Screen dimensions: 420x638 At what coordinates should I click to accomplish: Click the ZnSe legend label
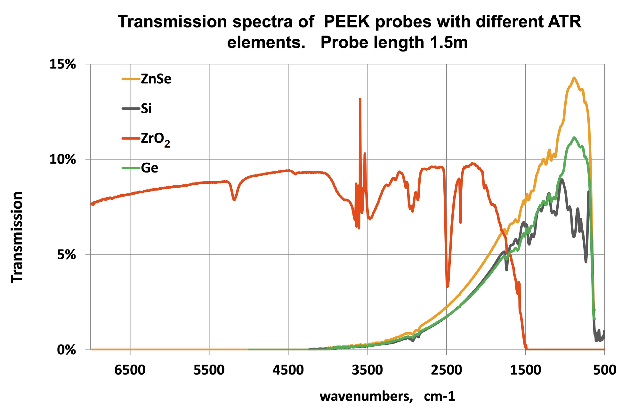pyautogui.click(x=156, y=79)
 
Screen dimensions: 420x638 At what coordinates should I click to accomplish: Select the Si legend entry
pyautogui.click(x=146, y=109)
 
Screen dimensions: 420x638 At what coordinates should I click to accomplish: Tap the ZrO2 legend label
pyautogui.click(x=155, y=139)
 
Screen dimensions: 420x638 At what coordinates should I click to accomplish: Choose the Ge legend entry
pyautogui.click(x=149, y=168)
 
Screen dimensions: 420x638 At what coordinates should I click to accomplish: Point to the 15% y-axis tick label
pyautogui.click(x=62, y=64)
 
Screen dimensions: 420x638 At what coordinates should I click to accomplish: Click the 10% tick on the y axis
pyautogui.click(x=62, y=159)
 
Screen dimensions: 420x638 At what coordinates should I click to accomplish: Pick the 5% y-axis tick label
pyautogui.click(x=66, y=255)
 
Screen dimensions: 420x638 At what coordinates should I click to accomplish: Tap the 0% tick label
pyautogui.click(x=66, y=350)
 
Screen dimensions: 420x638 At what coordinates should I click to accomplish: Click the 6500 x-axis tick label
pyautogui.click(x=130, y=370)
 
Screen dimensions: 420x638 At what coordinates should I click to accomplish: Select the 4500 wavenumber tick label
pyautogui.click(x=288, y=370)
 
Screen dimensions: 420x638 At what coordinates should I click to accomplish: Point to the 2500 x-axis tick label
pyautogui.click(x=446, y=370)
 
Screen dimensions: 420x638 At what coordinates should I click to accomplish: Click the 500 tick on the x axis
pyautogui.click(x=604, y=370)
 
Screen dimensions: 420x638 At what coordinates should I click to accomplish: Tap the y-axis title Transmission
pyautogui.click(x=17, y=237)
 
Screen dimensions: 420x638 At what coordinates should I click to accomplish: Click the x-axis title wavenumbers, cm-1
pyautogui.click(x=387, y=396)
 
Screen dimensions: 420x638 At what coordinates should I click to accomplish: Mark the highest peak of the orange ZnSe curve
pyautogui.click(x=574, y=78)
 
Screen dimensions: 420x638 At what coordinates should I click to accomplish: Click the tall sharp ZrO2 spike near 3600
pyautogui.click(x=360, y=99)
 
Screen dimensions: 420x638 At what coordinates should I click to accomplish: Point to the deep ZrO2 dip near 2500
pyautogui.click(x=447, y=286)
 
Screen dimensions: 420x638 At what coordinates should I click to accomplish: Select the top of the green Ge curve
pyautogui.click(x=574, y=138)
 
